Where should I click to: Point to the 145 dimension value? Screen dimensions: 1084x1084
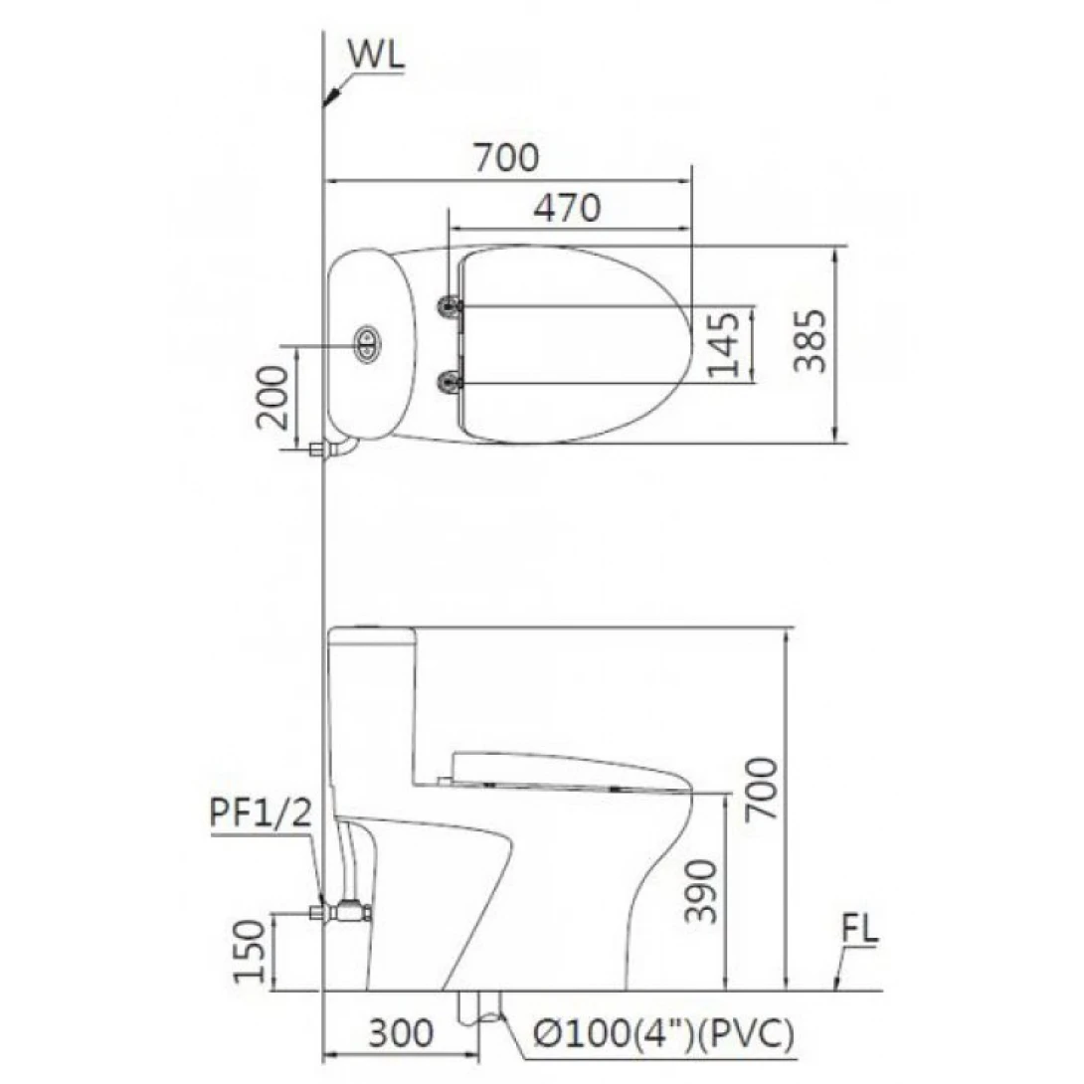point(724,344)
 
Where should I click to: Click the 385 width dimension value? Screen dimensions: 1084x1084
point(811,341)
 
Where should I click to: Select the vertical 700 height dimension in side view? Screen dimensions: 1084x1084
point(761,788)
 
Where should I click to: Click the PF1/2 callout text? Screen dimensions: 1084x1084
point(262,813)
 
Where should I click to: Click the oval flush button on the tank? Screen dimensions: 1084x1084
point(366,343)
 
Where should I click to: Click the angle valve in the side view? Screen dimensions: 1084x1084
point(348,910)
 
